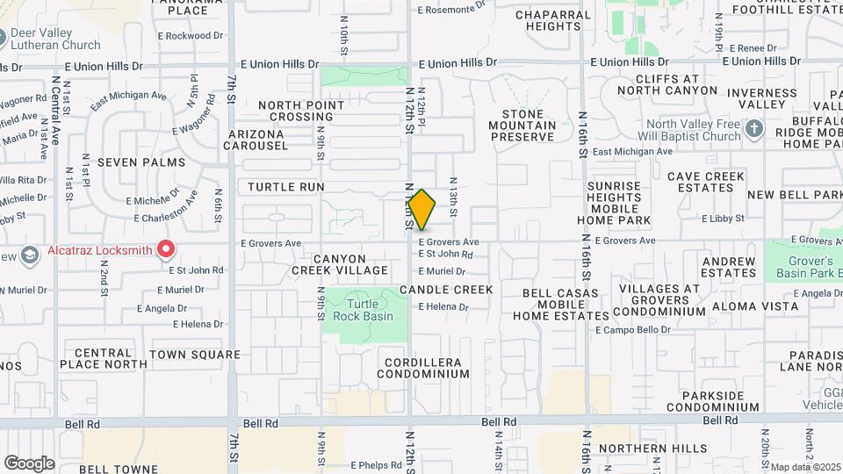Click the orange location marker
422,209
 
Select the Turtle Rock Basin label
363,309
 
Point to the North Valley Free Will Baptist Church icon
753,130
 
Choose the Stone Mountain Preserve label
529,126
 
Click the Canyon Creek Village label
339,263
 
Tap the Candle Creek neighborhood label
446,289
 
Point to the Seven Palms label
141,162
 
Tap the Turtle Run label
286,187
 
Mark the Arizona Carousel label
256,140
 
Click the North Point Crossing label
301,111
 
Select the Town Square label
195,355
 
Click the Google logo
29,463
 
